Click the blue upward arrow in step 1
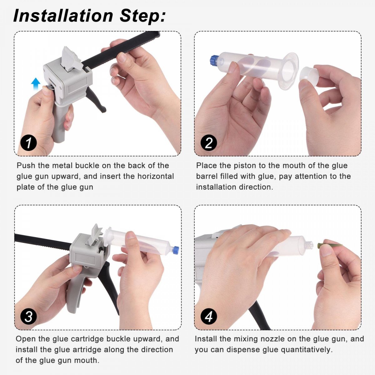coord(36,83)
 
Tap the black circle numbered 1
coord(29,143)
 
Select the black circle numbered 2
coord(209,143)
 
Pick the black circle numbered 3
coord(29,317)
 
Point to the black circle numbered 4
coord(209,317)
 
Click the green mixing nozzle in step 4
coord(327,246)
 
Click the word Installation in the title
coord(63,16)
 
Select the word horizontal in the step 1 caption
coord(156,176)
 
